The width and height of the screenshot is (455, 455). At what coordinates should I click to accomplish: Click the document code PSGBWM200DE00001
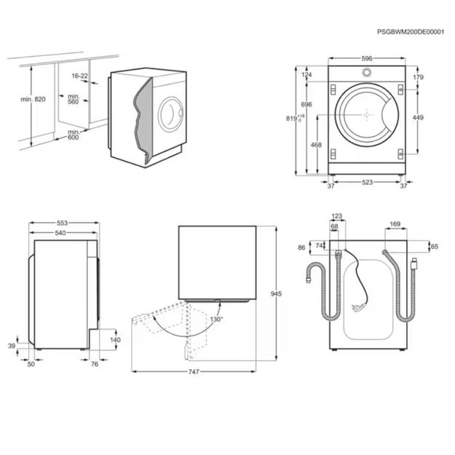point(411,33)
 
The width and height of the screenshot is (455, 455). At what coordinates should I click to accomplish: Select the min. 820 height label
point(33,99)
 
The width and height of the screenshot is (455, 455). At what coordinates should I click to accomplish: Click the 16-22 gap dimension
point(80,76)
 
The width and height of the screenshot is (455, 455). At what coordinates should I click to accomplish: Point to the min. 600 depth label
point(74,135)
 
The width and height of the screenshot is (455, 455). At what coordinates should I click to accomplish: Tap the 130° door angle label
point(217,319)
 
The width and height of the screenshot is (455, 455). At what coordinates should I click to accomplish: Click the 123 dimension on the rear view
point(336,216)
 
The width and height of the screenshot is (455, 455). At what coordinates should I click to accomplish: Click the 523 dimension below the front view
point(367,182)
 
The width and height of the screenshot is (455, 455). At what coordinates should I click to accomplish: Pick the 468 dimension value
point(316,145)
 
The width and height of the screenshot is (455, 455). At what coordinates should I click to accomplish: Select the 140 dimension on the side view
point(114,340)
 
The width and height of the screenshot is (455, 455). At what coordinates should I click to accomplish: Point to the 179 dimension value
point(418,77)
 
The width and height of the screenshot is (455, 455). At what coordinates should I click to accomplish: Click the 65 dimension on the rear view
point(435,248)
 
